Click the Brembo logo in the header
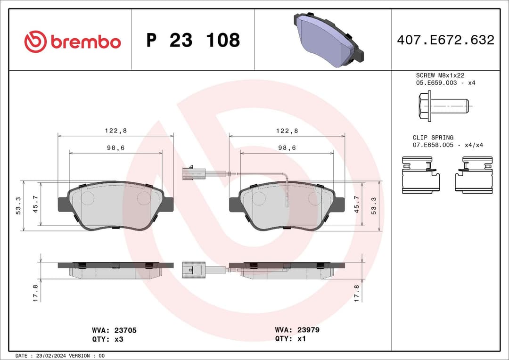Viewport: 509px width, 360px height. tap(73, 41)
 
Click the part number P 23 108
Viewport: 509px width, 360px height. tap(193, 41)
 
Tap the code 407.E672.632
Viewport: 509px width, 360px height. tap(445, 40)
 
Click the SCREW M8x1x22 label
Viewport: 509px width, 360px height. tap(440, 75)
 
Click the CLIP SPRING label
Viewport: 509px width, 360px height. tap(433, 138)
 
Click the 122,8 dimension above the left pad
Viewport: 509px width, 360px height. tap(115, 131)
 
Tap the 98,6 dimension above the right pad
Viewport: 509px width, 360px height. tap(287, 147)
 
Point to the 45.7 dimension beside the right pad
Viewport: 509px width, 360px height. tap(357, 204)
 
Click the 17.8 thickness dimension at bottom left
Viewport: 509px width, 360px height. tap(35, 293)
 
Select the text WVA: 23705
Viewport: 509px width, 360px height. tap(115, 330)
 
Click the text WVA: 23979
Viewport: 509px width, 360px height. tap(297, 330)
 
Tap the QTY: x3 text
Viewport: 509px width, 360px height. tap(107, 339)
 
